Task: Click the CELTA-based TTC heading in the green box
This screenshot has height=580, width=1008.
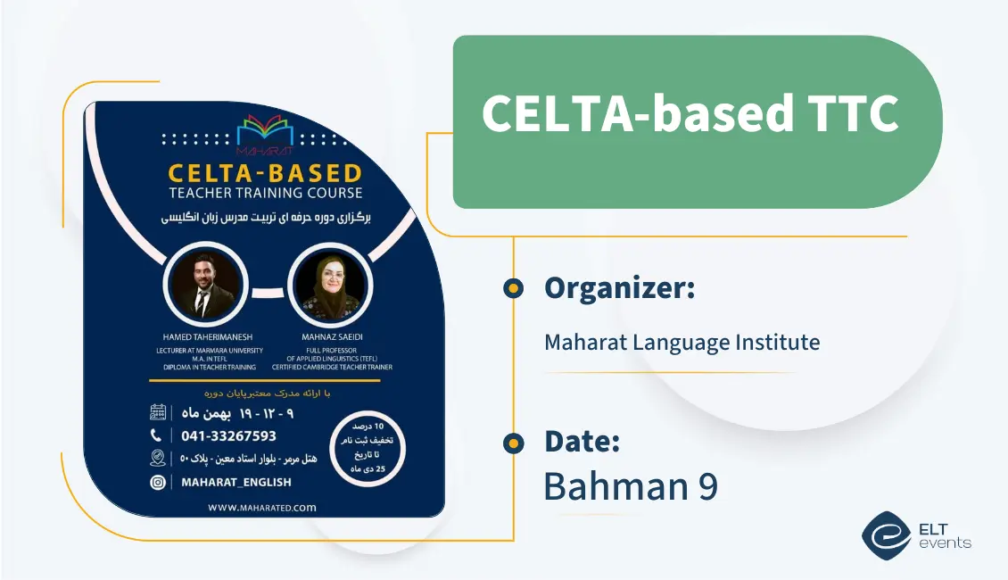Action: [690, 113]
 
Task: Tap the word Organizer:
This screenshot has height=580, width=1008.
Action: [619, 288]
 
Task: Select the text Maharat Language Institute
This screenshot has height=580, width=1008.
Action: [682, 342]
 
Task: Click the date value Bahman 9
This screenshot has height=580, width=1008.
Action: [630, 486]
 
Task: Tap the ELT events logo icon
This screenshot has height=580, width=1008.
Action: [886, 534]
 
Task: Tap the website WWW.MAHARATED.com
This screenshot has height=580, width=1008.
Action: [262, 507]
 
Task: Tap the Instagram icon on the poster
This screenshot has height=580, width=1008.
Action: [158, 482]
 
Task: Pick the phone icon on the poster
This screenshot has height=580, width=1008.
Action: [157, 435]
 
